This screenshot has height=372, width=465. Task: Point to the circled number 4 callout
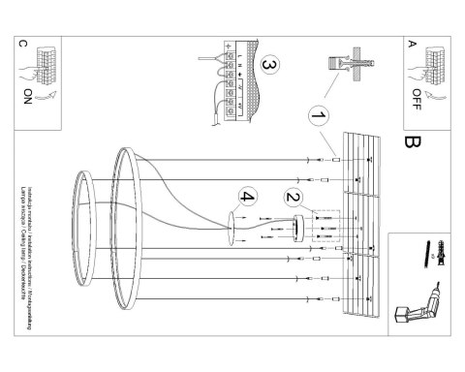click(248, 198)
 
